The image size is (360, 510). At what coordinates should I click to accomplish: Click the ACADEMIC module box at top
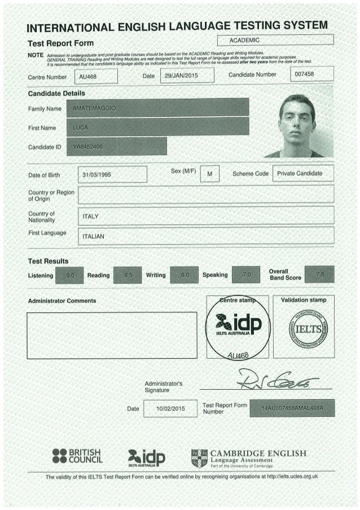(275, 40)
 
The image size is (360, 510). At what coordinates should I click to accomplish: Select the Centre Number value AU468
(98, 76)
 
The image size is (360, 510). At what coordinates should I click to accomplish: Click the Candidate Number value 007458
(311, 75)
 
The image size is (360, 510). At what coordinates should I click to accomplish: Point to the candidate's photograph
(299, 125)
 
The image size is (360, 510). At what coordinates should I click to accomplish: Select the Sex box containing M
(209, 175)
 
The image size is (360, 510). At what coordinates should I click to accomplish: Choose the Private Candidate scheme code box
(302, 173)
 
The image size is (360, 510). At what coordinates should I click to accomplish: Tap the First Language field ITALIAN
(205, 236)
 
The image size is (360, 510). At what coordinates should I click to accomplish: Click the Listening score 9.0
(70, 275)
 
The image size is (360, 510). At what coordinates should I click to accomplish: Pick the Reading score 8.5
(128, 275)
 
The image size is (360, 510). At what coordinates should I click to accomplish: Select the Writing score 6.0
(183, 275)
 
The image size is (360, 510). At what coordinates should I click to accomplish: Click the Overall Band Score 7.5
(319, 274)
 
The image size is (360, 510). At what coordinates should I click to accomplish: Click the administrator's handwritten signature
(276, 380)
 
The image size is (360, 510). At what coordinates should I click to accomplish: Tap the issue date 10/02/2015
(170, 408)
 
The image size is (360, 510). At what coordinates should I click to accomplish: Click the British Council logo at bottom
(76, 456)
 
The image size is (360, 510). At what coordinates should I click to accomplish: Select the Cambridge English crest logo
(199, 458)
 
